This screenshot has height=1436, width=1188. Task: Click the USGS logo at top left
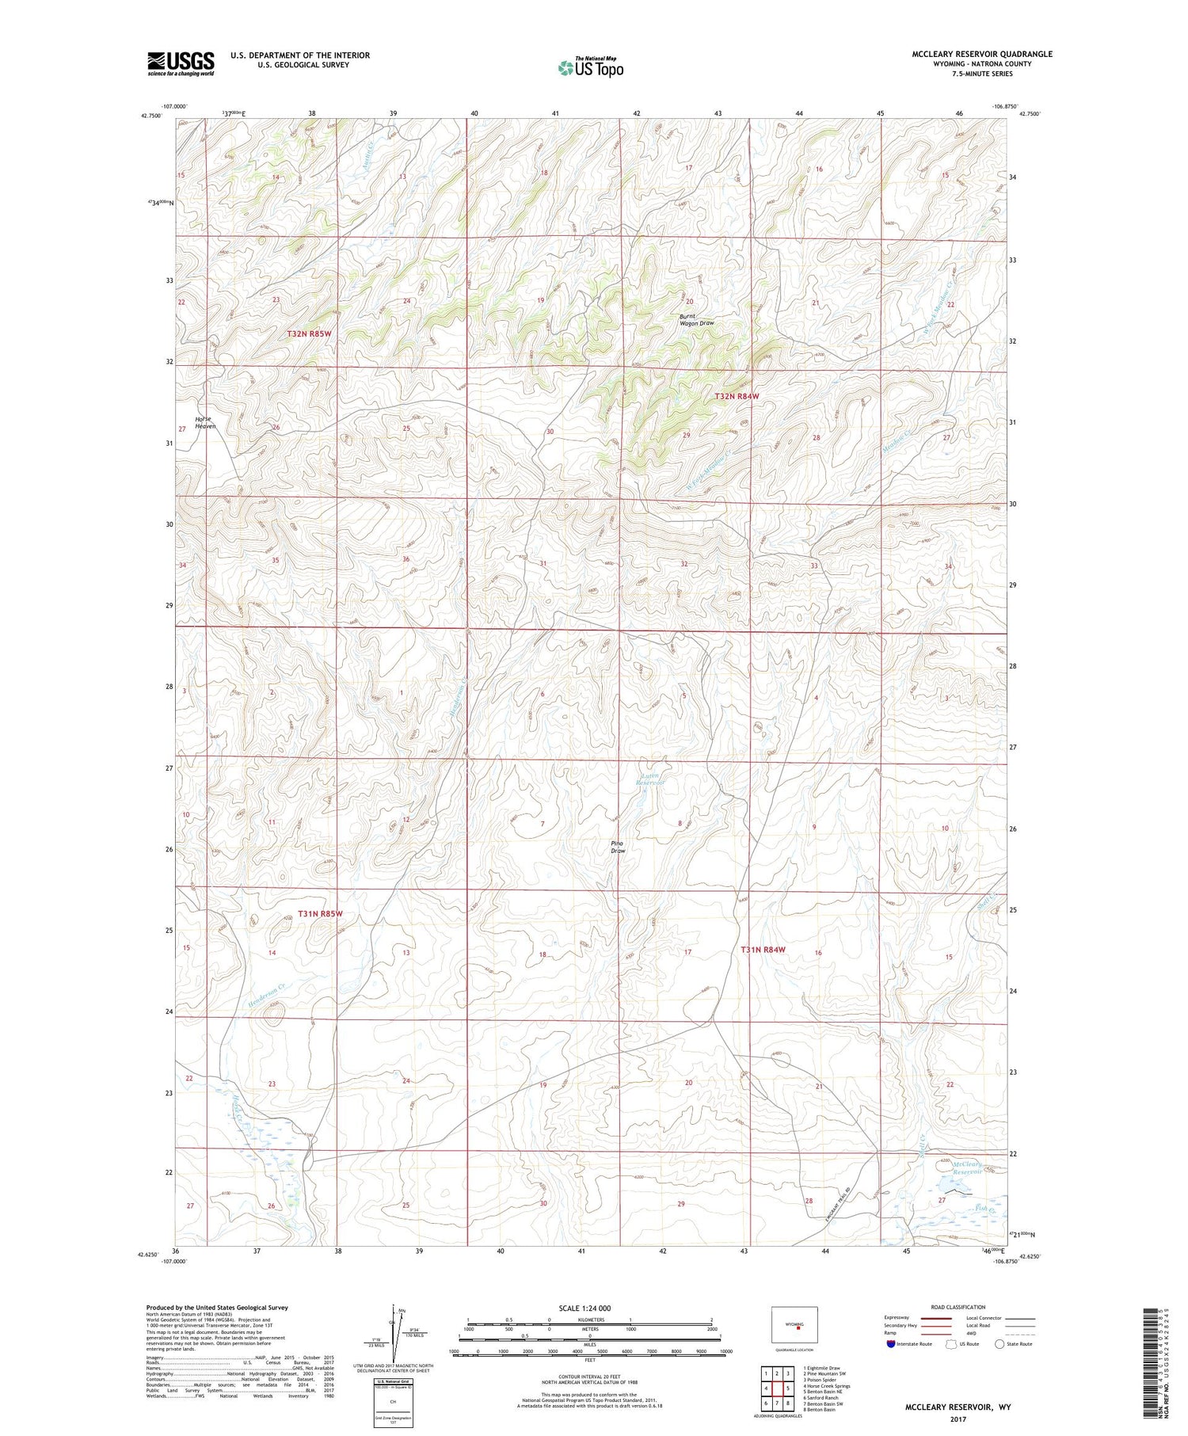click(181, 63)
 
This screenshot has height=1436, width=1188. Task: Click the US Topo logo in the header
click(591, 68)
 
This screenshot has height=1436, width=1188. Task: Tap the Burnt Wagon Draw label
click(697, 319)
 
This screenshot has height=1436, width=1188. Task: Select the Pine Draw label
click(619, 847)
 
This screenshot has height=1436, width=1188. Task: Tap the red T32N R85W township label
click(308, 334)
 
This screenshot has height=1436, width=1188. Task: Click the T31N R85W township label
click(321, 913)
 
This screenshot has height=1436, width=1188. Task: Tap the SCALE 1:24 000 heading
click(584, 1308)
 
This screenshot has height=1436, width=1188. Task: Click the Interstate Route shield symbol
click(892, 1344)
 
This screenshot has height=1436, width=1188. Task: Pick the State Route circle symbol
click(1000, 1344)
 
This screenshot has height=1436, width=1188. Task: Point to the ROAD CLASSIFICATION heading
click(958, 1307)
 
